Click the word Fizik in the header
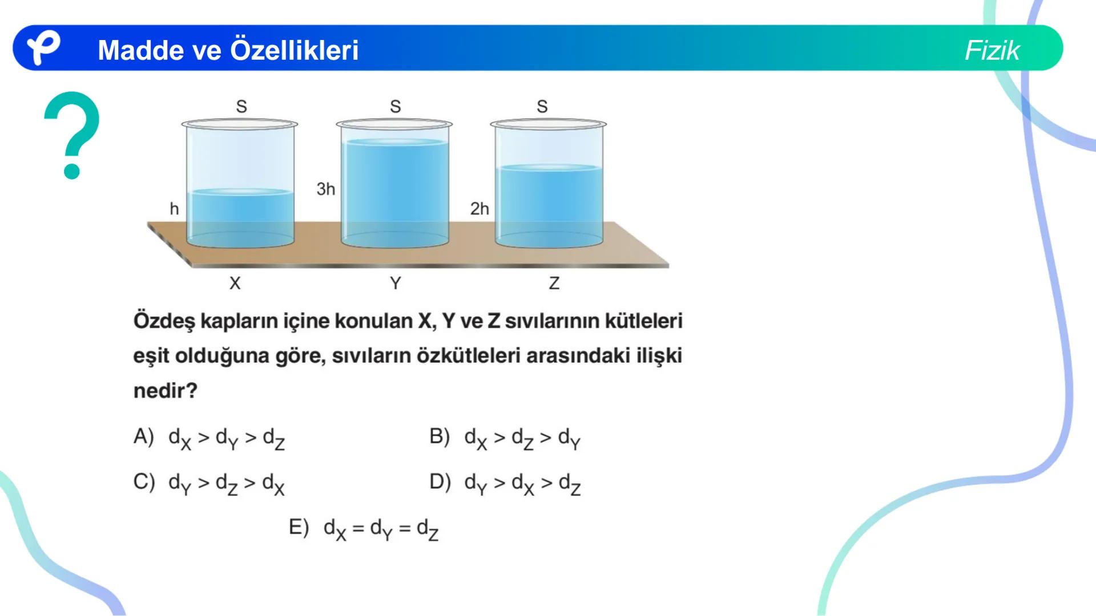[x=992, y=50]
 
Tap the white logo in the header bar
[x=43, y=48]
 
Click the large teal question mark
[x=72, y=135]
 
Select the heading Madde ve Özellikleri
[x=228, y=50]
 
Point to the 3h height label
[x=326, y=189]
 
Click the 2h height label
[x=479, y=209]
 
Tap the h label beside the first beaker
[x=174, y=209]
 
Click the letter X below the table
[x=235, y=283]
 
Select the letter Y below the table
[x=395, y=283]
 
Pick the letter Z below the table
[x=554, y=283]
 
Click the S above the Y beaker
[x=395, y=106]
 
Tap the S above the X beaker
[x=241, y=106]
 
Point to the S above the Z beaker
[x=542, y=106]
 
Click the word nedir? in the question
[x=165, y=391]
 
